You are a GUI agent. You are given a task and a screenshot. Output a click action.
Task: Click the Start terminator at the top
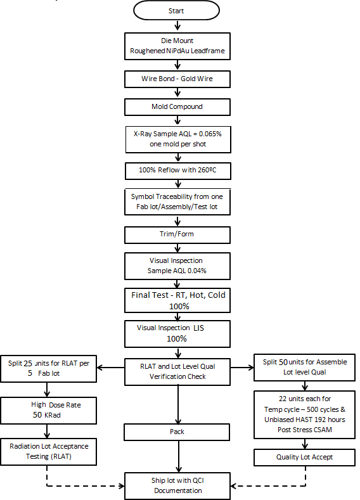(x=176, y=11)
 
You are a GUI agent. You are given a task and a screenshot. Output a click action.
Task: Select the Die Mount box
(x=176, y=45)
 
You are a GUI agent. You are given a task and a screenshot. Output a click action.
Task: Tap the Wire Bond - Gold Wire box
(x=176, y=79)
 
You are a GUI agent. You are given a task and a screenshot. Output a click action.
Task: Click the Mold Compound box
(x=176, y=106)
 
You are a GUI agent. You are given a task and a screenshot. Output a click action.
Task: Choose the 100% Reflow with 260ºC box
(x=176, y=170)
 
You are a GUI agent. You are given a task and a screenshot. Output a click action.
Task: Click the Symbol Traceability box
(x=176, y=202)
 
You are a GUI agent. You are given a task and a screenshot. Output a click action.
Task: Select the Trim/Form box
(x=176, y=235)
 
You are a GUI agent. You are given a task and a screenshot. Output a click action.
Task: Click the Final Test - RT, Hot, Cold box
(x=176, y=300)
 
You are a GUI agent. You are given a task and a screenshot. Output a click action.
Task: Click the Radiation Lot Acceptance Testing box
(x=49, y=451)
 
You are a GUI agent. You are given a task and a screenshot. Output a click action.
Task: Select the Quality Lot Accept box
(x=304, y=457)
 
